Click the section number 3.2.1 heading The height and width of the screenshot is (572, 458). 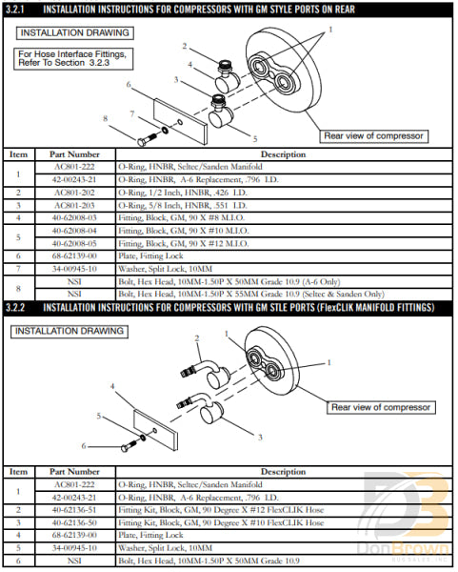(21, 10)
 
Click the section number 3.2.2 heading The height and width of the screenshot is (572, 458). (21, 308)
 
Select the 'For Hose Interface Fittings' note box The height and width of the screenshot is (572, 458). (72, 58)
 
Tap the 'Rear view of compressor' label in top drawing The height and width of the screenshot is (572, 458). (373, 135)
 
